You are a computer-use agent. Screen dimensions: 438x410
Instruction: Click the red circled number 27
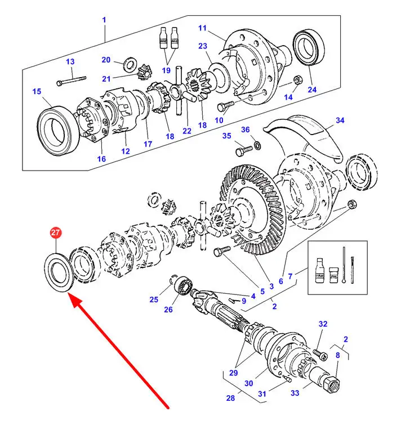point(56,232)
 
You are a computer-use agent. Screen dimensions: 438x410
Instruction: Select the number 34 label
point(340,120)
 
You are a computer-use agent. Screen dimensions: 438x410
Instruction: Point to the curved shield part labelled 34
point(307,135)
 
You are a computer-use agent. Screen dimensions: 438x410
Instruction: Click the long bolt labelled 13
point(73,79)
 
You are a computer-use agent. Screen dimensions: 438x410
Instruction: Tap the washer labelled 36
point(257,146)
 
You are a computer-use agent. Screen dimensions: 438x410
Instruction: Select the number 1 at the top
point(104,20)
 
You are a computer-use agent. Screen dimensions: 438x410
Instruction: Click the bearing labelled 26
point(182,284)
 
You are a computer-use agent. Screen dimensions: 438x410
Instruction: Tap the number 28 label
point(230,399)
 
